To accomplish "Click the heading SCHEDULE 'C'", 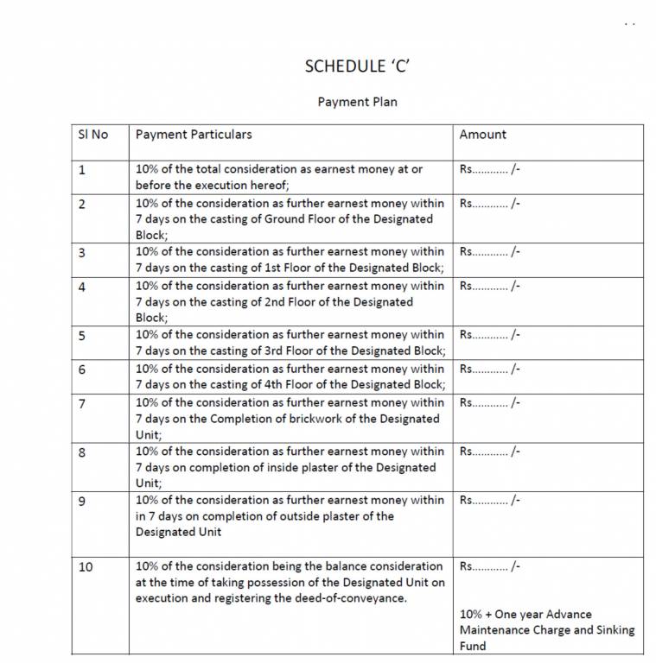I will (357, 66).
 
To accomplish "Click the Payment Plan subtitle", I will (357, 102).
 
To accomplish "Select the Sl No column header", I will (93, 135).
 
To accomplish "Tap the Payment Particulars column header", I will (194, 135).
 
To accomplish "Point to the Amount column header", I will (482, 135).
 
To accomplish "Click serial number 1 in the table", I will (81, 170).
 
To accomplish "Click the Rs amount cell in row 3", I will (490, 252).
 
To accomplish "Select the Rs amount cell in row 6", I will (490, 369).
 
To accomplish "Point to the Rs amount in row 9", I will (490, 500).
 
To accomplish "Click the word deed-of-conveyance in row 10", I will (351, 598).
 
